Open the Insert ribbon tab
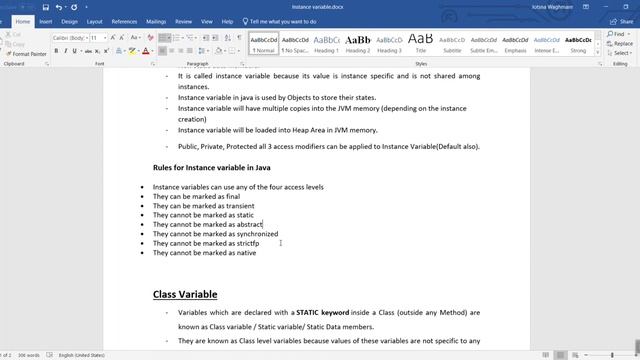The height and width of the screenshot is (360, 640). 46,20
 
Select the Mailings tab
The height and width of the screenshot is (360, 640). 157,20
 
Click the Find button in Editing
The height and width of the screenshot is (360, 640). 619,34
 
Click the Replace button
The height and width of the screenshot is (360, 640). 621,43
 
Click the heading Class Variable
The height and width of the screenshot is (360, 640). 185,294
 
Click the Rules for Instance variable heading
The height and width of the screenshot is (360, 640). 211,167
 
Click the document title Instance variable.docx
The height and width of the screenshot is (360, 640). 320,6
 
